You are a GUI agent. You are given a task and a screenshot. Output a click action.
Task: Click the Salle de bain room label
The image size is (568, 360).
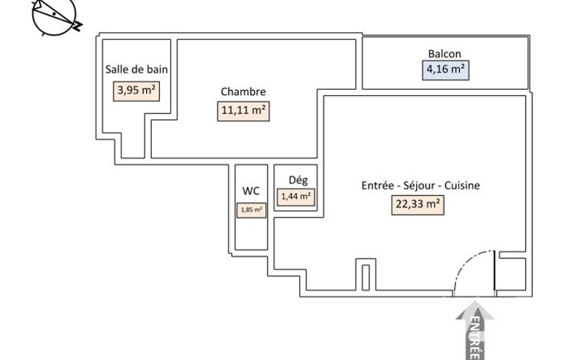pos(136,69)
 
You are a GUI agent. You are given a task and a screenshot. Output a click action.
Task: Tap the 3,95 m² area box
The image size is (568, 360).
pos(136,91)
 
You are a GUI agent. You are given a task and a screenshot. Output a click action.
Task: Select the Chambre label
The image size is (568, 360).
pos(243,91)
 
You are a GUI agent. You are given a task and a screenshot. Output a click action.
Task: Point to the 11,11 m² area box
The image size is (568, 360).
pos(243,111)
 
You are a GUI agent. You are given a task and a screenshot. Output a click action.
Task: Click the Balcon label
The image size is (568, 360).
pos(444,54)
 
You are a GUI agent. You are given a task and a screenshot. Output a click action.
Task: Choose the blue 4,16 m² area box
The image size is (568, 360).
pos(446,70)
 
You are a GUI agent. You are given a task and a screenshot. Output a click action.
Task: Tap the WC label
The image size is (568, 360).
pos(250,191)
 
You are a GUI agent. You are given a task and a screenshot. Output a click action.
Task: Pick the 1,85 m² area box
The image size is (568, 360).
pos(252,210)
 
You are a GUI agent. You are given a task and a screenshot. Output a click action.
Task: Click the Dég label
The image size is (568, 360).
pos(298,180)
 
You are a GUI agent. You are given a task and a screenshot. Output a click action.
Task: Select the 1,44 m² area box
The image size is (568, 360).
pos(296,197)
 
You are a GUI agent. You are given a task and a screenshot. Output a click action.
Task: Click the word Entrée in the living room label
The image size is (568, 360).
pos(377,186)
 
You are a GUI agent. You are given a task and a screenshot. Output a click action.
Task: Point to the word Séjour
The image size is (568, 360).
pos(419,186)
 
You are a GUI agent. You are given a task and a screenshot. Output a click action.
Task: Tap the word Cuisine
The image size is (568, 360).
pos(462,186)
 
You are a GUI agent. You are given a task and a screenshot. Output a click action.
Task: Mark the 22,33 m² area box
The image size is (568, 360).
pos(418,204)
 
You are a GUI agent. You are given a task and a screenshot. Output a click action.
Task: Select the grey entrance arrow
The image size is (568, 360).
pos(475,330)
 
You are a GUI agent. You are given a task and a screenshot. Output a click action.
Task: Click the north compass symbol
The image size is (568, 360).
pos(55,17)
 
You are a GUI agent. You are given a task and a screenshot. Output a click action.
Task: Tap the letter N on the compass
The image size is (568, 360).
pos(77,26)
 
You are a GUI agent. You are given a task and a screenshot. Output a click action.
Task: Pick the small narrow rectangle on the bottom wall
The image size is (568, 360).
pos(366,277)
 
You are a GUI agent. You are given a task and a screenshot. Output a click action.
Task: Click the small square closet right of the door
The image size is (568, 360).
pos(513,274)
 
